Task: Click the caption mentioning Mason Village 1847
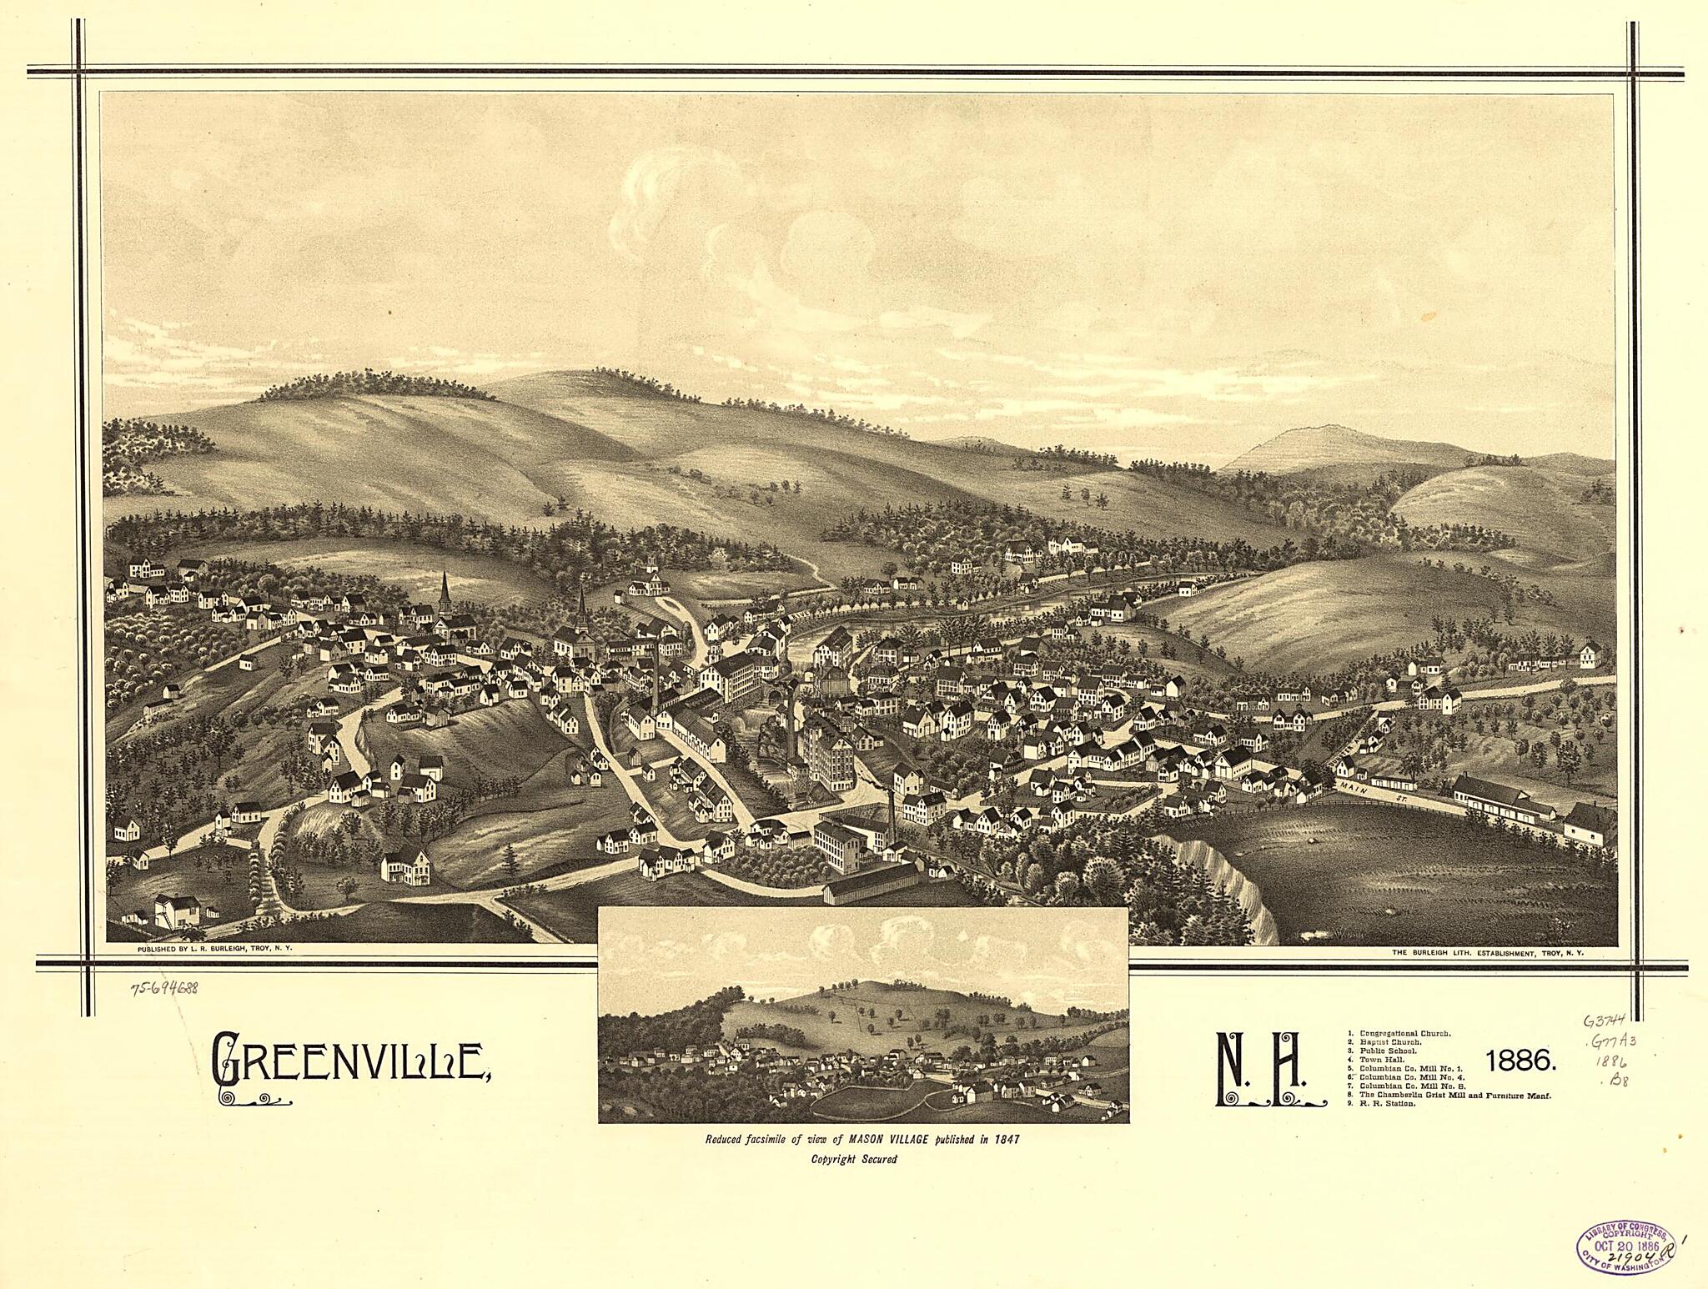[862, 1139]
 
